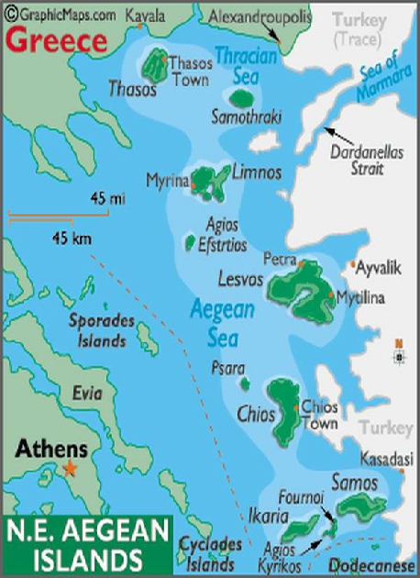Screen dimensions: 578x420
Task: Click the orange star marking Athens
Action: pos(72,468)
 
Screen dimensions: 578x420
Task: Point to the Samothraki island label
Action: pos(246,118)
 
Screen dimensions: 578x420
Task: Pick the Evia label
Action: pos(88,394)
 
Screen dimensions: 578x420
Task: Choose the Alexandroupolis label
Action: pos(260,17)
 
